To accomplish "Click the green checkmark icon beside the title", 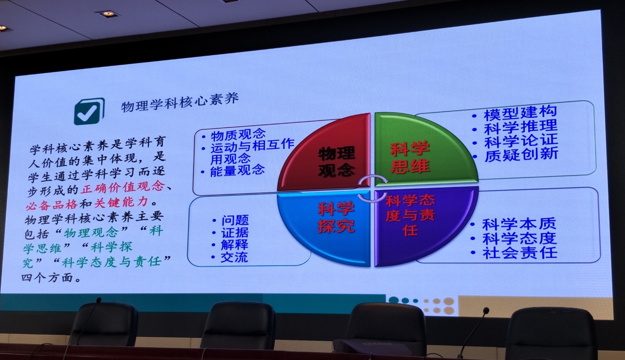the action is coord(89,111).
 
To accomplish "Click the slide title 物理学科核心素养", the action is coord(180,102).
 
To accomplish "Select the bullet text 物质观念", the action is coord(238,135).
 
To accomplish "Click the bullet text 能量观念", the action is coord(237,170).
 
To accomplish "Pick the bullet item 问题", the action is coord(235,220).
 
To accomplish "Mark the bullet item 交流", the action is coord(234,257).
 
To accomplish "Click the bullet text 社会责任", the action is coord(520,253).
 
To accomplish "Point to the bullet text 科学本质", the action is coord(519,224).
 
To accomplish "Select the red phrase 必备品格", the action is coord(52,205).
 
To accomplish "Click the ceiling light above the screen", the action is coord(108,14).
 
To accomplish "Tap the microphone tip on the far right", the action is coord(486,311).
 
